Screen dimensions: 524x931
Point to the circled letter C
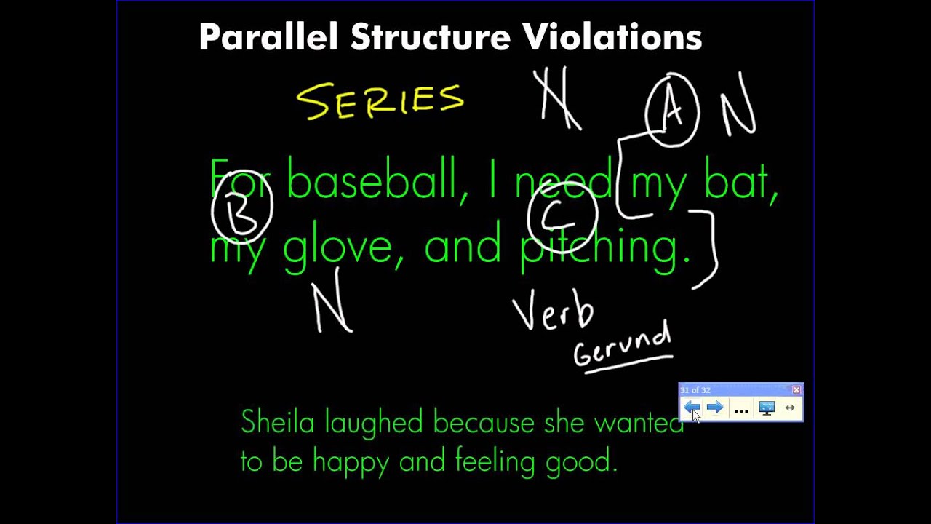click(562, 215)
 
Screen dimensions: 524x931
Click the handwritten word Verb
click(553, 312)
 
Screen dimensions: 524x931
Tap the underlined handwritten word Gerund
click(623, 346)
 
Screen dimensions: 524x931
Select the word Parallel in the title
click(268, 37)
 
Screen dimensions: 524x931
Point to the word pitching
click(605, 246)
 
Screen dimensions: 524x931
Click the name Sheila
click(277, 422)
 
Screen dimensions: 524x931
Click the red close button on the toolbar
click(796, 390)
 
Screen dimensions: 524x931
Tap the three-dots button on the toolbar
click(740, 409)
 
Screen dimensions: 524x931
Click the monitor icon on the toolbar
click(766, 408)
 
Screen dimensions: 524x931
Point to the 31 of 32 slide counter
click(695, 390)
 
